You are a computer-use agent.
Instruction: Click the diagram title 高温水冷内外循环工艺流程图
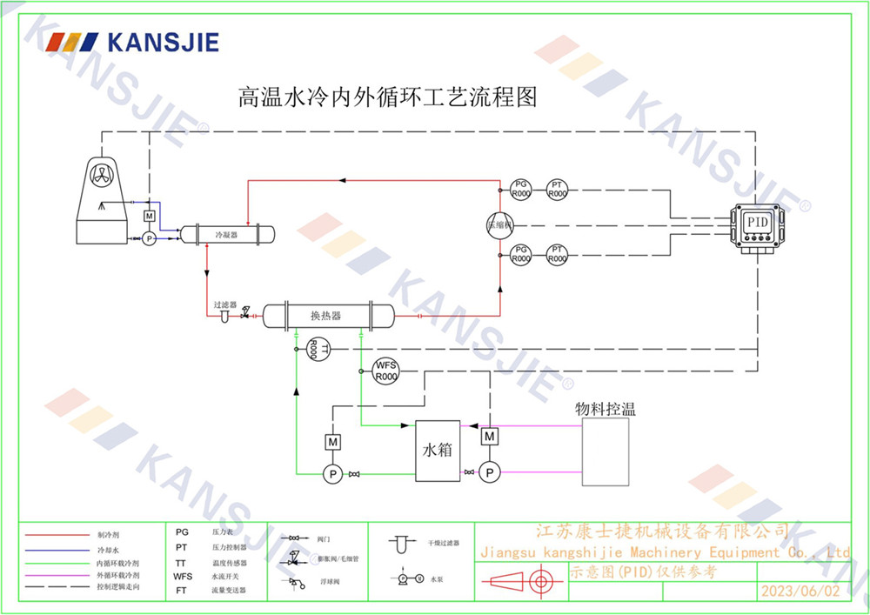point(388,97)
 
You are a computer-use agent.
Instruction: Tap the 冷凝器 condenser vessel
point(227,234)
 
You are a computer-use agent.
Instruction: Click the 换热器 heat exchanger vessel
point(326,315)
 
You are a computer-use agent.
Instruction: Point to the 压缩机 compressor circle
point(500,224)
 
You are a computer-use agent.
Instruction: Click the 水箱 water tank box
point(438,451)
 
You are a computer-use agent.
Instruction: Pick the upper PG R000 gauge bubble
point(520,189)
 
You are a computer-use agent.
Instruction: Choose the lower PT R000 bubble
point(557,254)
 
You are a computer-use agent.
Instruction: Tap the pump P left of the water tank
point(331,473)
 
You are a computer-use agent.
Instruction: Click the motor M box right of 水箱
point(490,435)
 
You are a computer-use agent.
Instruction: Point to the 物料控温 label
point(605,409)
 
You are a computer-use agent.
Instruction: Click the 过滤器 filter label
point(225,305)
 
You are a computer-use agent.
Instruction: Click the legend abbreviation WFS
point(183,576)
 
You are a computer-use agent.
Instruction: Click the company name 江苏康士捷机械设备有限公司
point(662,531)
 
